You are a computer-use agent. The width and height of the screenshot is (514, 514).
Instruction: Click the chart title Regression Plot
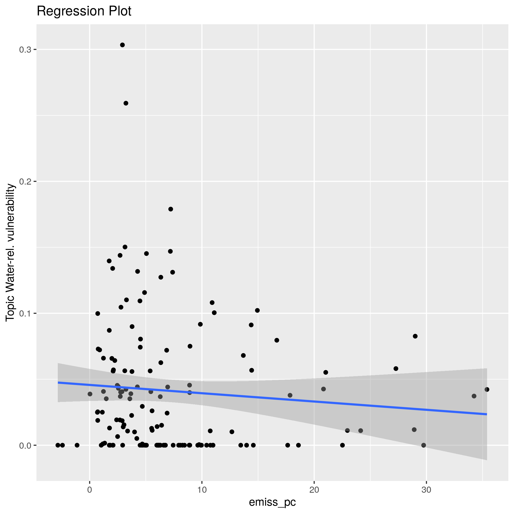(84, 12)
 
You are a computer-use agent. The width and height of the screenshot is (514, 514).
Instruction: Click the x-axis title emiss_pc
(272, 502)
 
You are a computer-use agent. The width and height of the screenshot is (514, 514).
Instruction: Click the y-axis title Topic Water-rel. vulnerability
(11, 253)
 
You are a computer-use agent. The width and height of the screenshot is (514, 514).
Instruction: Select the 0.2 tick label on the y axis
(25, 182)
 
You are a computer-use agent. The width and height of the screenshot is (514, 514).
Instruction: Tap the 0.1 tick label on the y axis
(25, 313)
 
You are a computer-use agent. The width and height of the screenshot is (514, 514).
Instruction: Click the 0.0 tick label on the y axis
(25, 445)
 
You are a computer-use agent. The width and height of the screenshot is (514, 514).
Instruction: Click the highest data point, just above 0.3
(122, 45)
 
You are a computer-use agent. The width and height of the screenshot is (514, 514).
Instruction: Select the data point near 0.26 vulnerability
(126, 103)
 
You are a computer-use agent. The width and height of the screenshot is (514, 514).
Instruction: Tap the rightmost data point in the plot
(487, 389)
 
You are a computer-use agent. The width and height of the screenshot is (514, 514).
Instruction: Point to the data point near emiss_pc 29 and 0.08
(415, 336)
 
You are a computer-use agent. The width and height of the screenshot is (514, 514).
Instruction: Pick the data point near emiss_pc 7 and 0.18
(171, 209)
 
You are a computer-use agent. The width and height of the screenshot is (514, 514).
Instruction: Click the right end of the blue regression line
(487, 414)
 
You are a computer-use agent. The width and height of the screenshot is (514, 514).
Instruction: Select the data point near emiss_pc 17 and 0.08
(277, 340)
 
